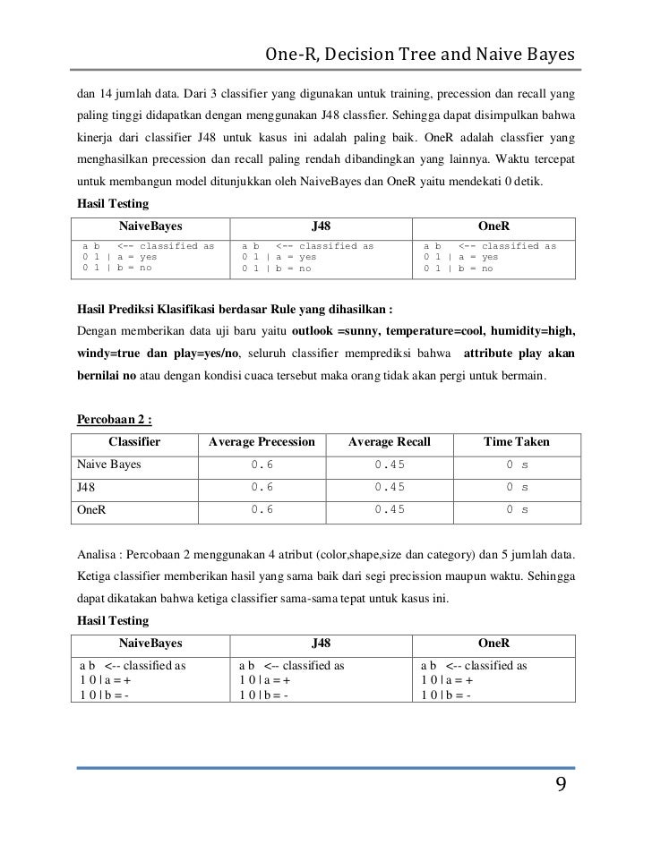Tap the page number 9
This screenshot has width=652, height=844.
561,785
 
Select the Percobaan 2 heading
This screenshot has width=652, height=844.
113,419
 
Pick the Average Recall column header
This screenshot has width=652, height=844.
389,442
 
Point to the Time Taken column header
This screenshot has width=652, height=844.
517,442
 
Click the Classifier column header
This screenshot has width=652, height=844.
133,442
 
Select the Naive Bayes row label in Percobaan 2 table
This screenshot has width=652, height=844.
109,465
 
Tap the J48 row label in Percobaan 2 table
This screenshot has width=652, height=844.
87,487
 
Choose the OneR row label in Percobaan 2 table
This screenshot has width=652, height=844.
91,509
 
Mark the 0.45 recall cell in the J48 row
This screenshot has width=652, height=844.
390,487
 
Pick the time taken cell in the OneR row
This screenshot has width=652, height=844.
517,509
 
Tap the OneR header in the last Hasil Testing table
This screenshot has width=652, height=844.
494,643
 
